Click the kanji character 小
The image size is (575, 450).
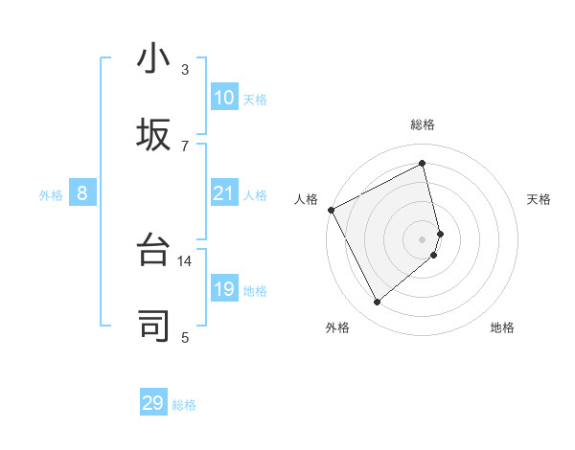point(153,59)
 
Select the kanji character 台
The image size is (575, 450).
point(153,251)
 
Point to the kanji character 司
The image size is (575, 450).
point(153,326)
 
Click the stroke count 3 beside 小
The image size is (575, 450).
point(185,70)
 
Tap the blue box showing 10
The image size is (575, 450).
point(223,98)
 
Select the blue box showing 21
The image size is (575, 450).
point(223,193)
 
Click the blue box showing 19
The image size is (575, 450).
point(223,289)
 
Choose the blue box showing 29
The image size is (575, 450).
point(153,403)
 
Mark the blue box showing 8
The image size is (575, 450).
point(82,193)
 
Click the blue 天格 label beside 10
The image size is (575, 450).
point(255,100)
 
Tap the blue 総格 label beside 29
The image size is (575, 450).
point(184,405)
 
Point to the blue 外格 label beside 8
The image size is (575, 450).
point(51,195)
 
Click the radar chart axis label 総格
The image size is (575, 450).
point(423,124)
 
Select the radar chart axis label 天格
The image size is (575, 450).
point(539,199)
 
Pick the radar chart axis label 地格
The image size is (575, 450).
point(502,327)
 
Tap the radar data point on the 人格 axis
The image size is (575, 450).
point(331,210)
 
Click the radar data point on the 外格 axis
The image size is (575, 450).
point(377,303)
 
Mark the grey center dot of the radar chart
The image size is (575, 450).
point(423,237)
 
